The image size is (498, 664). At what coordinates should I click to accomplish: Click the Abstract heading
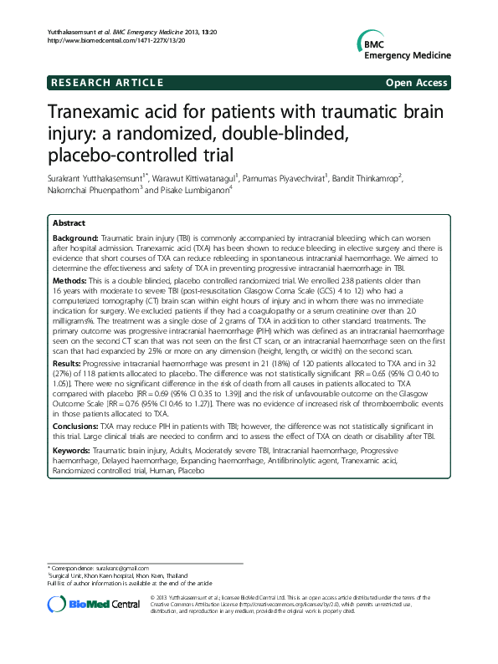[69, 224]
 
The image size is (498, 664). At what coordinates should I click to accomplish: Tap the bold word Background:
[75, 238]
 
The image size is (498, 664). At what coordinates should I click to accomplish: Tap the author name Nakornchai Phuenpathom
[92, 190]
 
